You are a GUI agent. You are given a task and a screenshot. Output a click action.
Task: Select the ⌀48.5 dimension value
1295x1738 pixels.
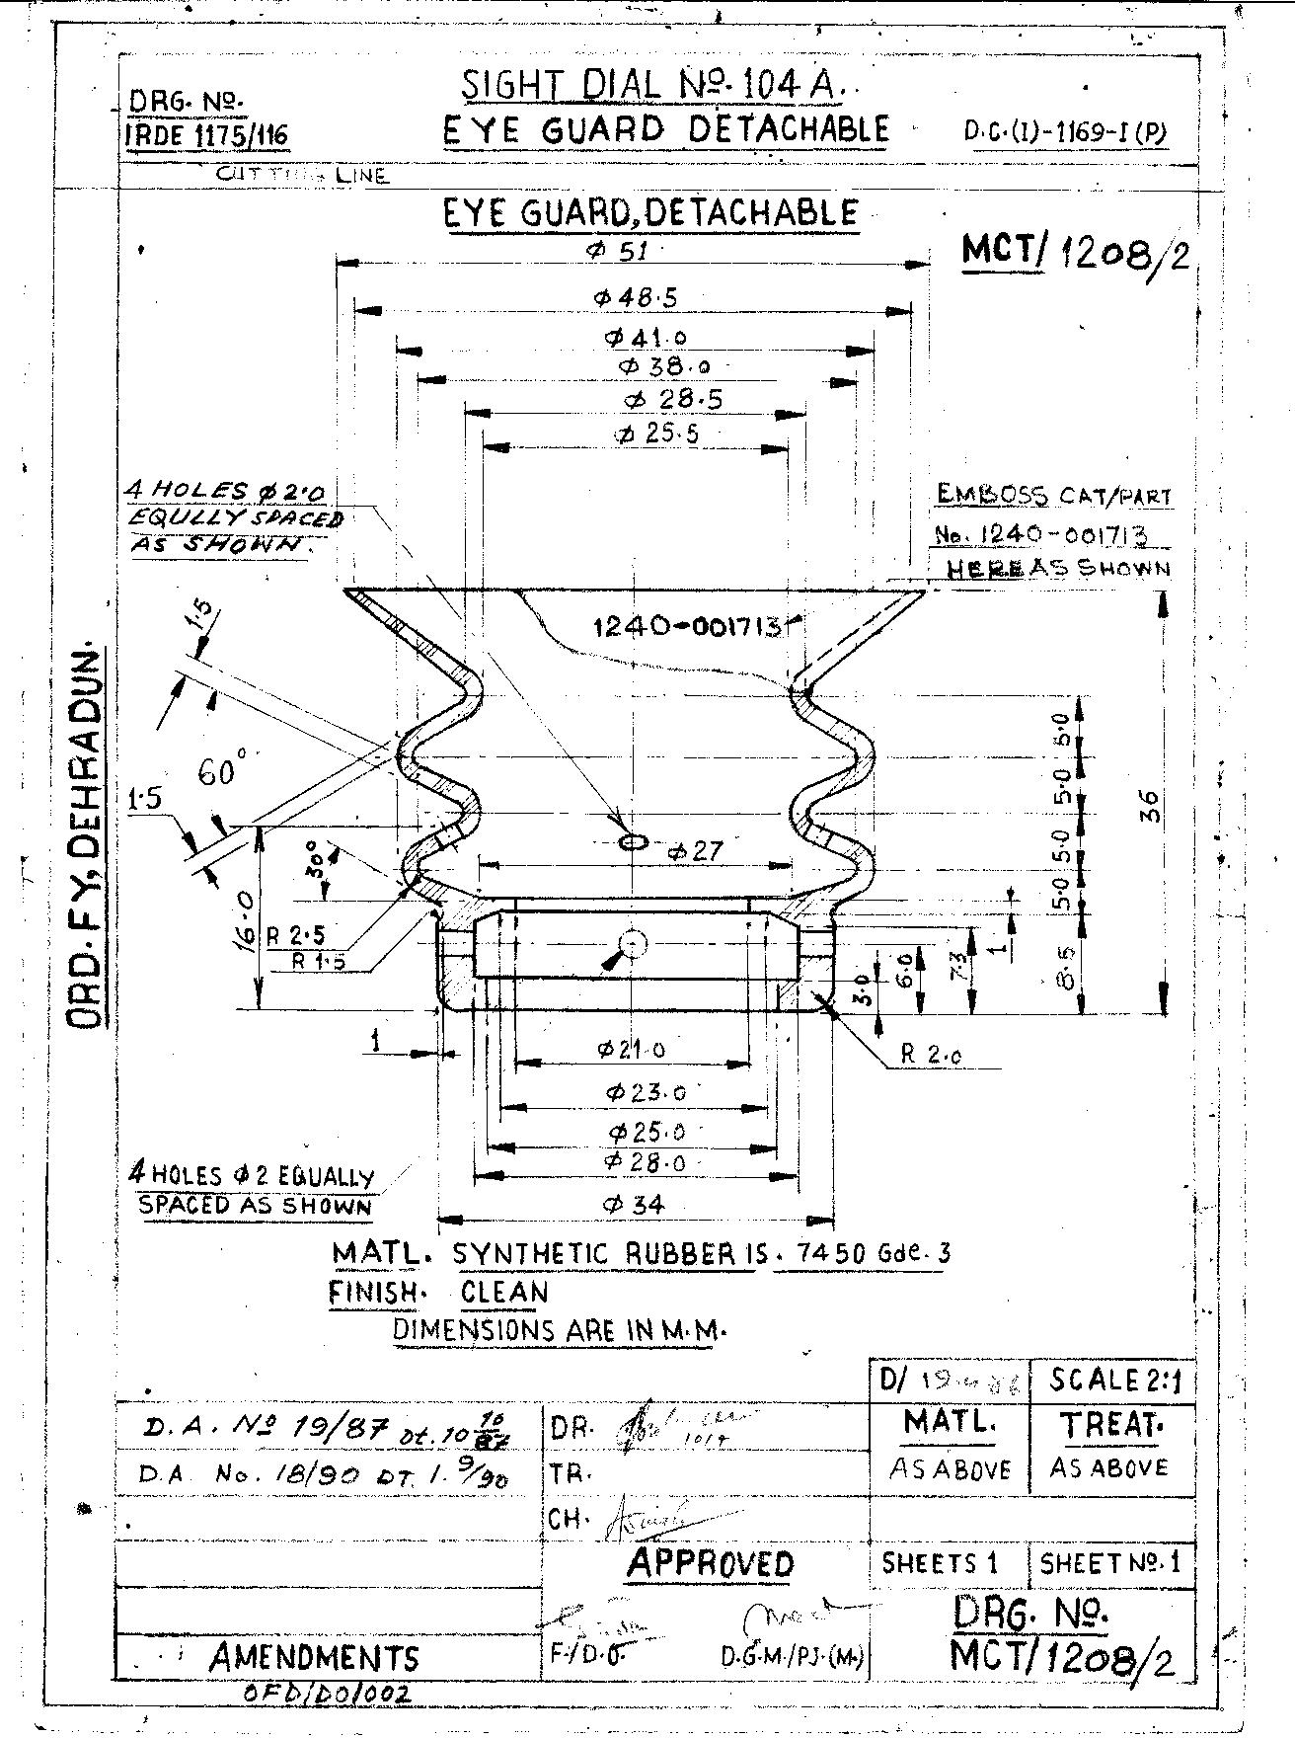click(x=635, y=297)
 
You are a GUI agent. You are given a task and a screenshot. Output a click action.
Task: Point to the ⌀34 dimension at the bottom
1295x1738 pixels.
click(x=635, y=1204)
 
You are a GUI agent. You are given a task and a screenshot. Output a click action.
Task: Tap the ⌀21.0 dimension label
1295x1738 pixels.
click(x=632, y=1049)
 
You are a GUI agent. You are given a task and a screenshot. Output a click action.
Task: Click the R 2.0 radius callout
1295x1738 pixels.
click(x=931, y=1056)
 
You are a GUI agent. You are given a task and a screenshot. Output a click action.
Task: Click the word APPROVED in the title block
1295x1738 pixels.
click(x=710, y=1563)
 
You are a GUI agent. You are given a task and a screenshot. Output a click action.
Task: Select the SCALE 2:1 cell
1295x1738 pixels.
click(x=1109, y=1379)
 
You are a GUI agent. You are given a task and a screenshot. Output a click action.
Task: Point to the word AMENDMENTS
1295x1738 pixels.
click(x=314, y=1656)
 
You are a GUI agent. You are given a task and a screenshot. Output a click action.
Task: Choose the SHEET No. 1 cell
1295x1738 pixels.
click(x=1109, y=1563)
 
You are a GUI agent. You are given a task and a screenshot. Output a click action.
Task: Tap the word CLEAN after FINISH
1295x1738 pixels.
click(x=503, y=1292)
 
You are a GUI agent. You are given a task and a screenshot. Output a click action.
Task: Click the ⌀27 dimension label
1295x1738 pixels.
click(x=695, y=850)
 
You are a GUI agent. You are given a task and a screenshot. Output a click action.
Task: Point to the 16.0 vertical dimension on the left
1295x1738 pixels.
click(x=248, y=919)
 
